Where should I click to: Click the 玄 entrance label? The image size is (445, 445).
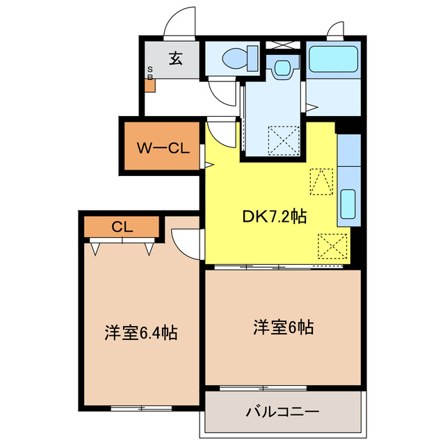175,59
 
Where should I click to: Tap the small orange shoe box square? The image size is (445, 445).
149,87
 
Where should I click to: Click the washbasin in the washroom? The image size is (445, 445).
282,68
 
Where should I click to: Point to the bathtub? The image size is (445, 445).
332,59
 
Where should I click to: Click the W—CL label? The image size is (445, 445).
162,147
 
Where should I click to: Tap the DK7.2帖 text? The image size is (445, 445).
275,217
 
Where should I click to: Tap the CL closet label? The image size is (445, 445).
122,227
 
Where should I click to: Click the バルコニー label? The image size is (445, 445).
282,412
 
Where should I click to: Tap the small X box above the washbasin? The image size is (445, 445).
282,44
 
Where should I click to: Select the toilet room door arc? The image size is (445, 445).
226,90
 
